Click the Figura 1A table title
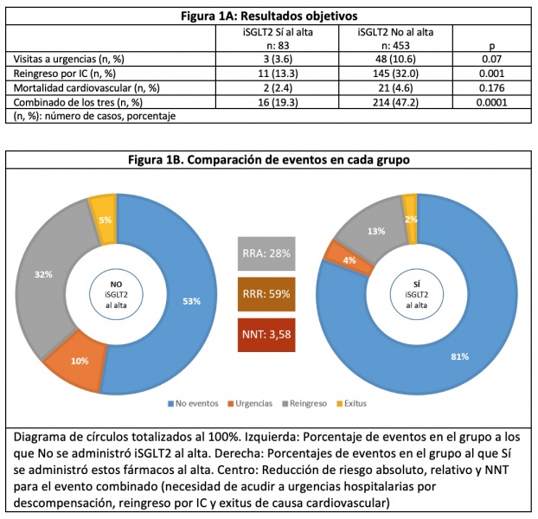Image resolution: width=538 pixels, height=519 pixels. pos(268,16)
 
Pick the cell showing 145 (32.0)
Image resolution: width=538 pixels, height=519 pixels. pos(395,73)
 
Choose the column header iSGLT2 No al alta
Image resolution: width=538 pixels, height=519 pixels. pos(395,33)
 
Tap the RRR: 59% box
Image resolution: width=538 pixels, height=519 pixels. pos(267,292)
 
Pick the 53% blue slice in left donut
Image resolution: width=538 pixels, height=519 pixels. pos(191,300)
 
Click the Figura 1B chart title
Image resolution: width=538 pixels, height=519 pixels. pos(268,159)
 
